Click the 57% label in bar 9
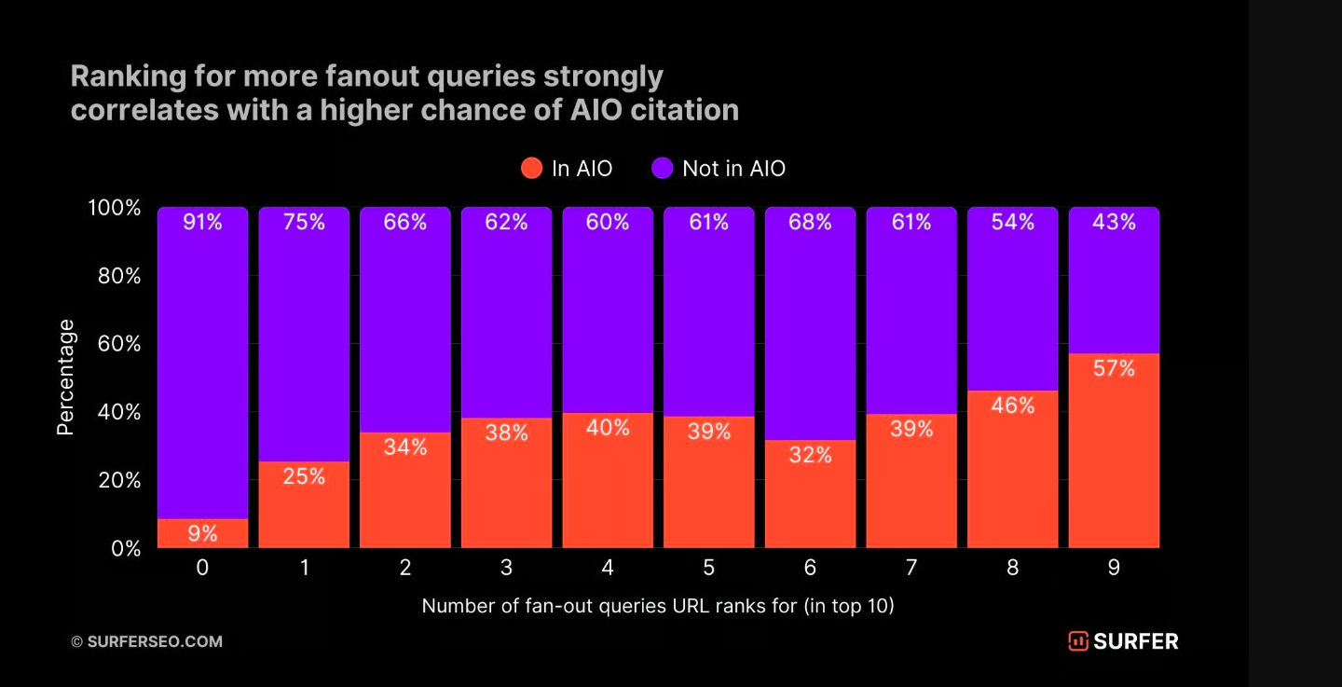pos(1114,369)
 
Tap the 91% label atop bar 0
pos(202,223)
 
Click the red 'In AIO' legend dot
pos(531,169)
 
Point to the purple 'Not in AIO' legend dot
pos(662,169)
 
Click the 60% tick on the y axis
pos(115,344)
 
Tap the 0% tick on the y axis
pos(120,548)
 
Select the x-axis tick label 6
pos(810,568)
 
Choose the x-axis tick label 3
pos(506,568)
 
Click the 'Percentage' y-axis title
pos(65,378)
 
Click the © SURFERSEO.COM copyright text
pos(147,641)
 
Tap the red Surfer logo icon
pos(1078,641)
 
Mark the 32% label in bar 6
pos(810,455)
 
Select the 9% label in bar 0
pos(202,534)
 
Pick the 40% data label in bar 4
pos(608,428)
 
